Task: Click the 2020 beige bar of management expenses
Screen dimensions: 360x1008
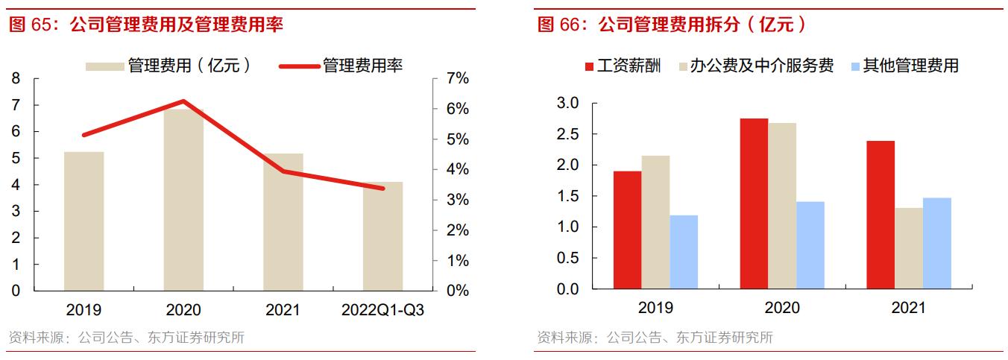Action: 183,200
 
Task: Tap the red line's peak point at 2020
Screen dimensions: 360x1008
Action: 183,101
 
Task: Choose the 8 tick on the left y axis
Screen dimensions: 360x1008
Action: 16,79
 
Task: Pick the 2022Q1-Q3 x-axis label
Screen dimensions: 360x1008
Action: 382,310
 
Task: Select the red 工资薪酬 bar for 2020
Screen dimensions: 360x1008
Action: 754,203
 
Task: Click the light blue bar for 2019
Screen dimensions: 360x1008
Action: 684,252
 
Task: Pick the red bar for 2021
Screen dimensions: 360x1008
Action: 881,215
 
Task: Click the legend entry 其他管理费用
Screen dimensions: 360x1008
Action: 910,66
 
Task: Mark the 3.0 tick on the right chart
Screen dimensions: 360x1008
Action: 568,103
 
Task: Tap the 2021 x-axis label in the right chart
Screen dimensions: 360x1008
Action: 908,308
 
